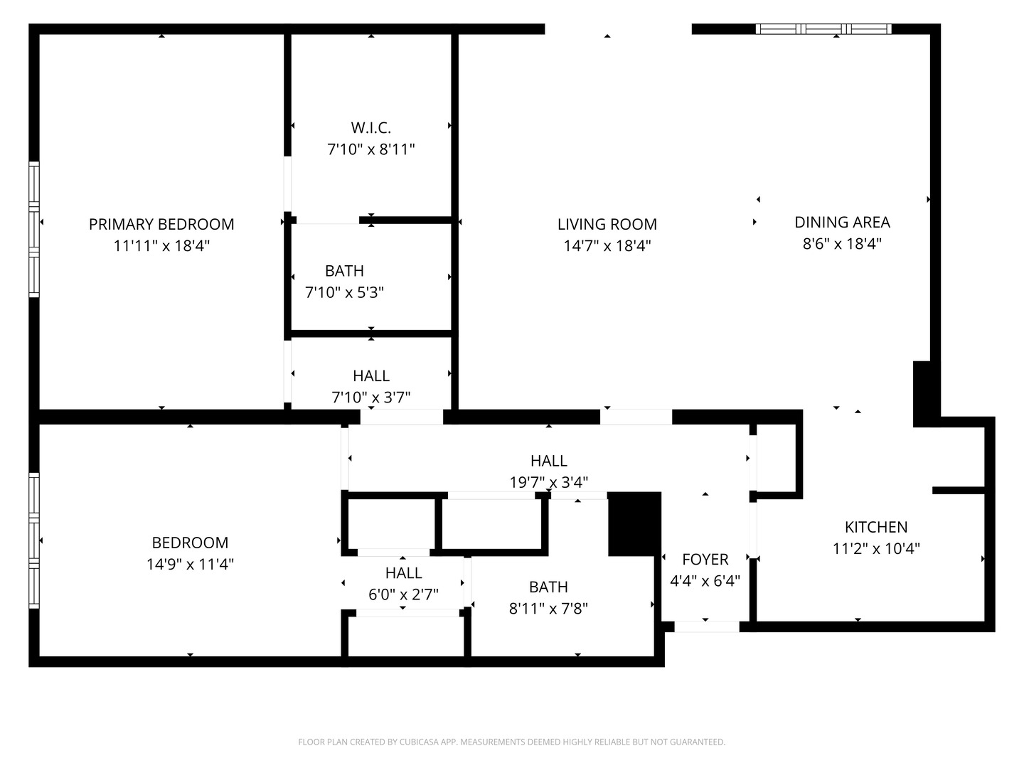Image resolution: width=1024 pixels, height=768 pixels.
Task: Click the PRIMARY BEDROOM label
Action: (161, 224)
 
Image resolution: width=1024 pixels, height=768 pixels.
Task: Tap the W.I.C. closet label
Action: (370, 128)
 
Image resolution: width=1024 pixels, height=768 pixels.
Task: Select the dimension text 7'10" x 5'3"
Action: (344, 292)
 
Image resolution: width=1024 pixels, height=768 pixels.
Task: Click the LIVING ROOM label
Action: (607, 224)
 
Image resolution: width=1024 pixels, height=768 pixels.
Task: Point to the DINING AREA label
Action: (842, 222)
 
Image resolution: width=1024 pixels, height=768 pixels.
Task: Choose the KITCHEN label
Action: (875, 527)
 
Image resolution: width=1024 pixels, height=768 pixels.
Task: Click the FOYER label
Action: (705, 560)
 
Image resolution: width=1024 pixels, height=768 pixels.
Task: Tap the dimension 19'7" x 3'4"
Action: (548, 482)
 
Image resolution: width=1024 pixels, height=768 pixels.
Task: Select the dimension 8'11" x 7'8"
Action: (548, 609)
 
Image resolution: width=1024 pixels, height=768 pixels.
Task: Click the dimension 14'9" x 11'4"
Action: (190, 564)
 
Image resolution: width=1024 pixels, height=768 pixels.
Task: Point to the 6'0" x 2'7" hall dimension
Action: (403, 594)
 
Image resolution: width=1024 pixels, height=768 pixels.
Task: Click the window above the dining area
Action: (823, 29)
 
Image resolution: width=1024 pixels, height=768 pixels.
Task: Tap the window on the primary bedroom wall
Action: (33, 229)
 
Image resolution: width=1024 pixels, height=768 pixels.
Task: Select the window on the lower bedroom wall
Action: (33, 540)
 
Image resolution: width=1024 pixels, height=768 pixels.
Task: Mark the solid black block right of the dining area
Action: (922, 393)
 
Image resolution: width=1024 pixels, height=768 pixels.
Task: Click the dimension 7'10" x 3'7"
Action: (370, 397)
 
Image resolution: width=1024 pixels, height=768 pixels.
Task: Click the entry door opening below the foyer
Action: (706, 626)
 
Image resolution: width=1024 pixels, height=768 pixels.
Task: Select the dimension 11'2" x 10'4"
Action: (875, 548)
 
